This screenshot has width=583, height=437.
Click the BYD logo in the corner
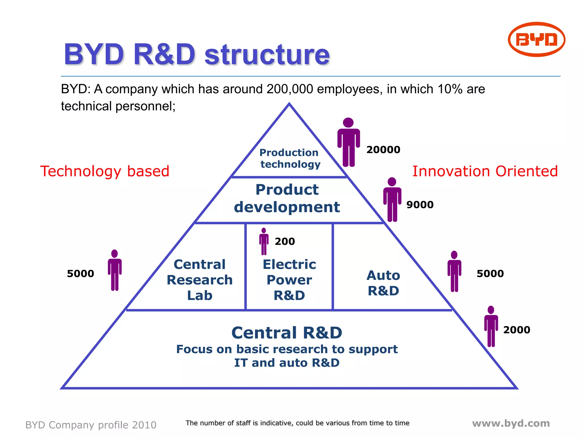point(536,39)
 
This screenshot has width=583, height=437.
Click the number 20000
point(383,150)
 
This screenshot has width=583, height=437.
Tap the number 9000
point(420,205)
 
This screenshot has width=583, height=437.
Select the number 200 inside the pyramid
point(285,241)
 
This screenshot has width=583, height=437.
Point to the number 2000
point(516,330)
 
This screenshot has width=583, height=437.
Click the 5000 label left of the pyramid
point(80,273)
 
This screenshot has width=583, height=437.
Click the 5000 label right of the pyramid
point(490,273)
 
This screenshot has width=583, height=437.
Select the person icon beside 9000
point(392,199)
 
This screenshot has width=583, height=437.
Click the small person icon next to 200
point(264,241)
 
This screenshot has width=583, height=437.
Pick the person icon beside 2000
point(491,326)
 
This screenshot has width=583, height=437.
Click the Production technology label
point(290,158)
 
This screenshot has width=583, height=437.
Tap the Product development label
point(287,198)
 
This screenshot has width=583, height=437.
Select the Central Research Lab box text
point(200,280)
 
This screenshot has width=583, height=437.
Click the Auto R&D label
point(383,283)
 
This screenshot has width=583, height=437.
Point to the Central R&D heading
point(287,332)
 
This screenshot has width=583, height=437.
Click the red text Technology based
point(105,171)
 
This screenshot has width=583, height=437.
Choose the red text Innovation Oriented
point(485,171)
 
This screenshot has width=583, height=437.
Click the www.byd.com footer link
point(511,423)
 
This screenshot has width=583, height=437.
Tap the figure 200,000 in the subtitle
point(290,89)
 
